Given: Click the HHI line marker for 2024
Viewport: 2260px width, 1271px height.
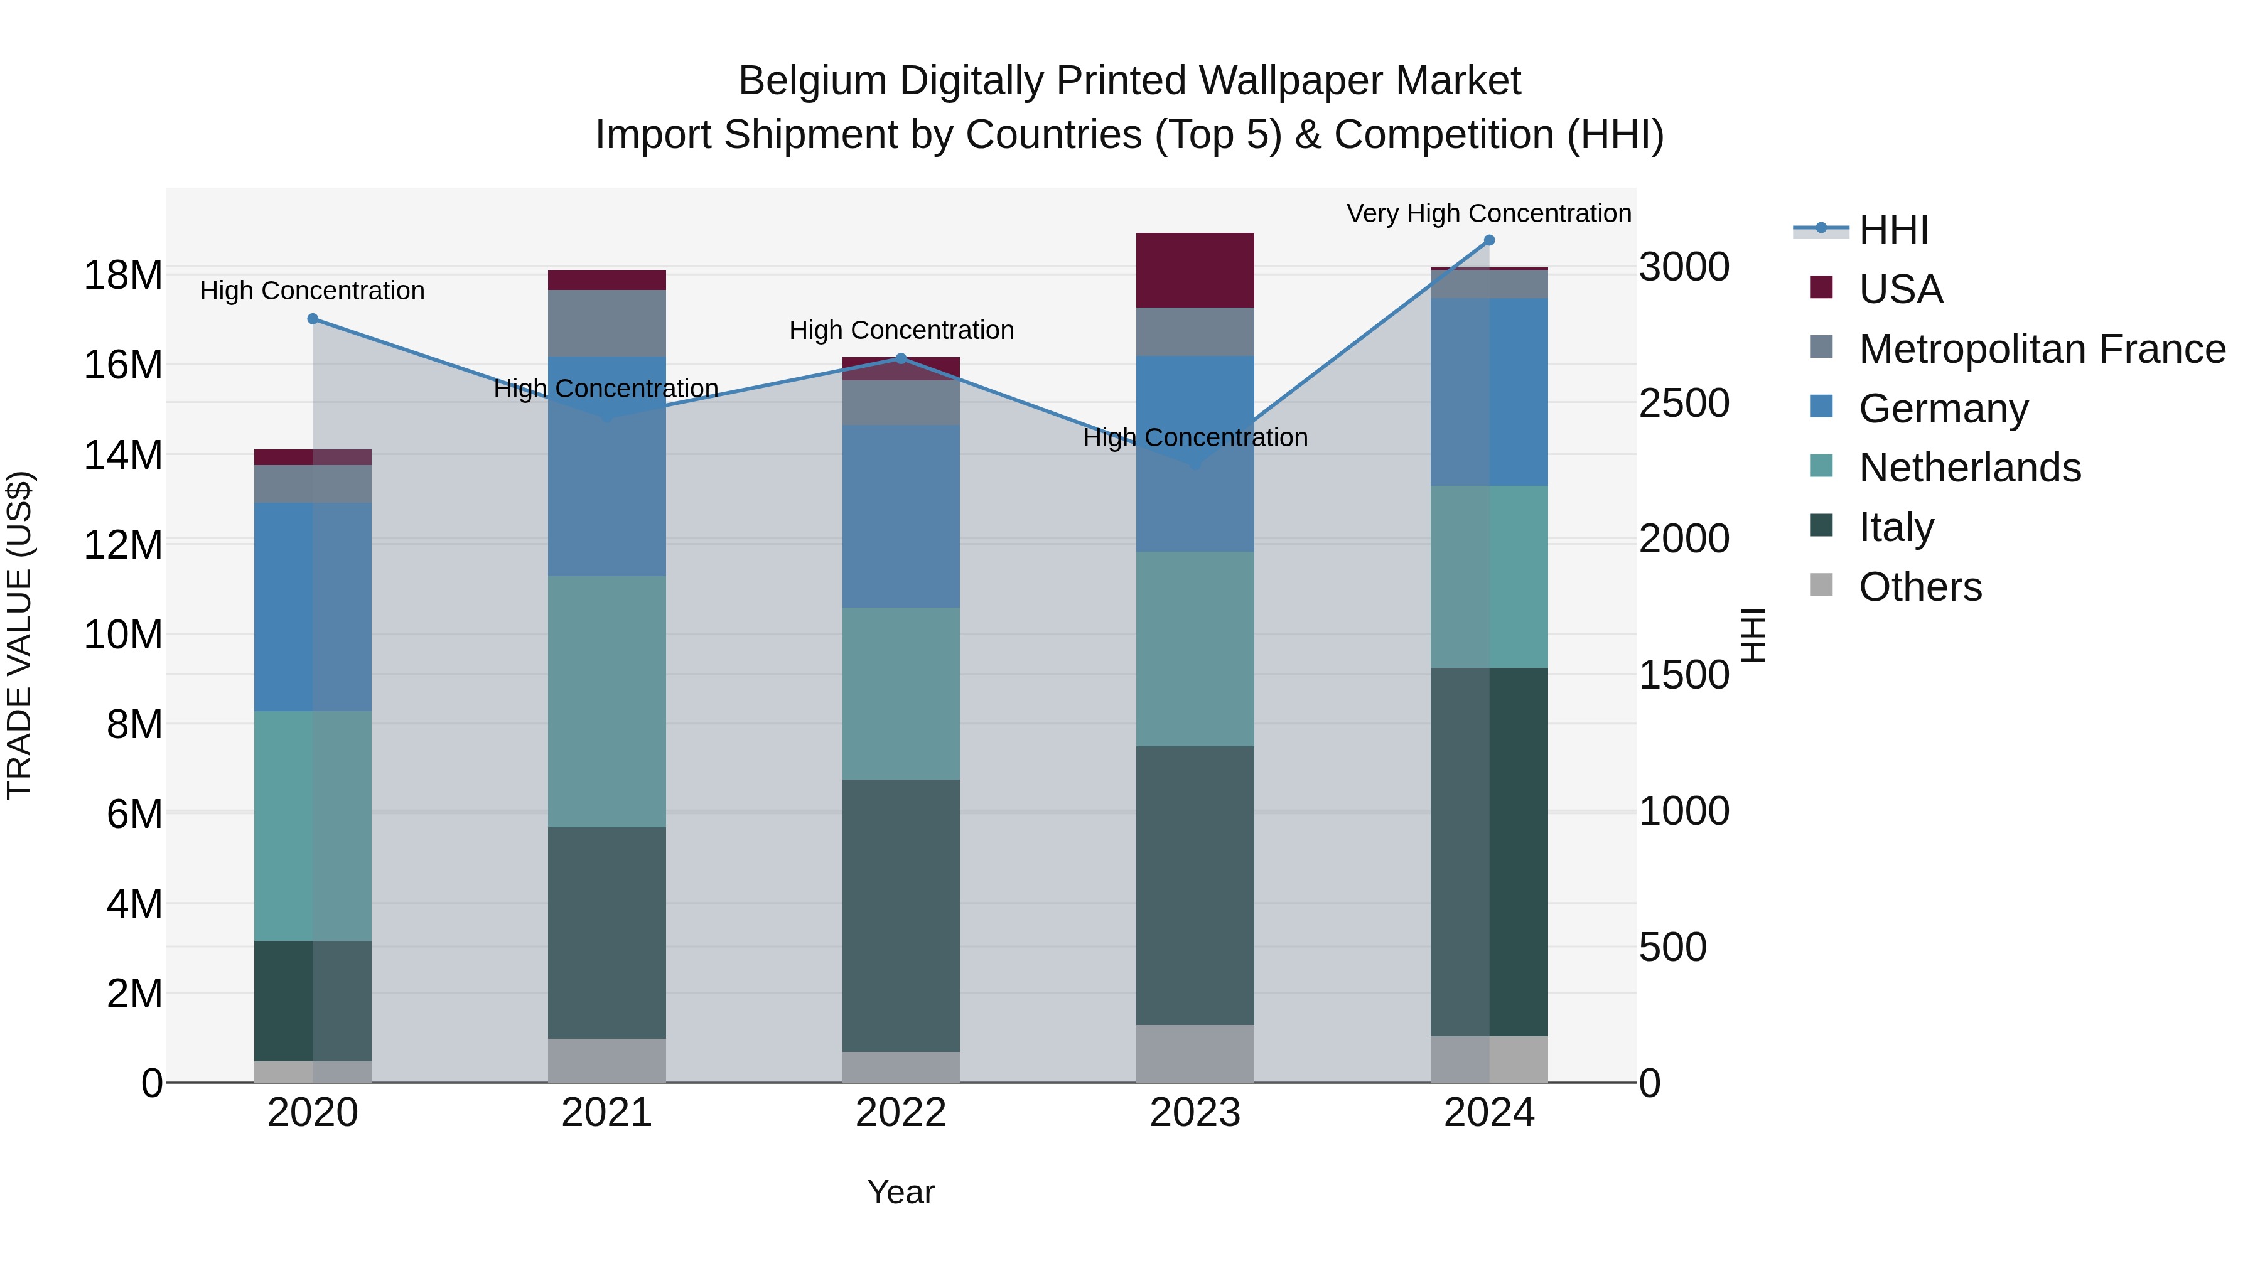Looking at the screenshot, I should [1489, 240].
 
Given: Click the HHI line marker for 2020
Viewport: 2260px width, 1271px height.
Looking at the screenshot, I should [313, 319].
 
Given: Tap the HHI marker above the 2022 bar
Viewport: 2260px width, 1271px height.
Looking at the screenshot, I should [901, 359].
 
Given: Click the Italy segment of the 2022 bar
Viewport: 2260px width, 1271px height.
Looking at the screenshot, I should [901, 915].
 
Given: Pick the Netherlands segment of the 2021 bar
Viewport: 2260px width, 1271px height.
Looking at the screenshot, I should [607, 702].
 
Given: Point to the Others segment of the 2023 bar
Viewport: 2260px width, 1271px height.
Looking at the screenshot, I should [1195, 1053].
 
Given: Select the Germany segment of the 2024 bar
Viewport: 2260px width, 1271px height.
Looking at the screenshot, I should [1489, 392].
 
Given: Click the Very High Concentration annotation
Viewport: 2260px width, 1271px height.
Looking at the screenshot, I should [1489, 213].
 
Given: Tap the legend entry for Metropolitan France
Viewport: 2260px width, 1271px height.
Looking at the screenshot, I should [2042, 349].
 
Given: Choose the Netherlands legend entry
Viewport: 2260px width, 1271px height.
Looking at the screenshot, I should [1969, 468].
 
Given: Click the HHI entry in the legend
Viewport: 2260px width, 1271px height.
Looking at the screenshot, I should [1893, 230].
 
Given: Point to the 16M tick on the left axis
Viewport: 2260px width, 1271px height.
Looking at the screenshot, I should [123, 365].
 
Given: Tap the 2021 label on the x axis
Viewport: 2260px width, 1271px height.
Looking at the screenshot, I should [607, 1113].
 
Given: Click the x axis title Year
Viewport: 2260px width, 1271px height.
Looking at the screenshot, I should [901, 1192].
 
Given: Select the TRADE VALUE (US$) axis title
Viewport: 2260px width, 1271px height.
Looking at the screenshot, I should [19, 635].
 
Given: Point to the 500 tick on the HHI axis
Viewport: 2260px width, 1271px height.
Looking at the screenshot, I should [1673, 947].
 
